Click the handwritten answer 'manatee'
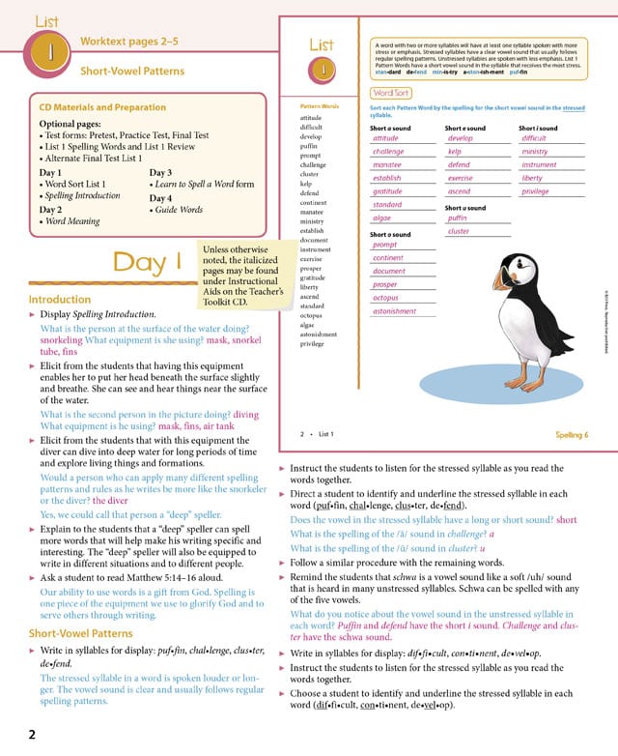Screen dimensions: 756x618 387,165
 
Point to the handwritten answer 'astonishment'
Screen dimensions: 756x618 395,311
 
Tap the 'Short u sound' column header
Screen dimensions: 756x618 464,208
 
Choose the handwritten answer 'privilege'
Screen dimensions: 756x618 542,191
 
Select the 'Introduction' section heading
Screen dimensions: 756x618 60,300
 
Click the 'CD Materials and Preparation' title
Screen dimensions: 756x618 102,107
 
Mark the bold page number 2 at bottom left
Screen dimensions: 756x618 31,735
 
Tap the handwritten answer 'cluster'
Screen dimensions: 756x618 459,232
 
